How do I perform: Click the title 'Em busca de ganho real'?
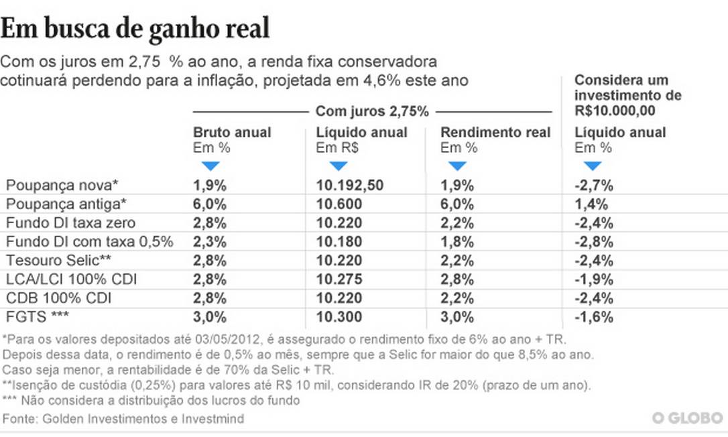point(136,28)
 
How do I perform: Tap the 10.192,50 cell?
point(350,186)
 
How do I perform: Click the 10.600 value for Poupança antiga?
point(339,204)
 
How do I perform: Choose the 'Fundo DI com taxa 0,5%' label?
point(90,242)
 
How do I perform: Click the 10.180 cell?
point(339,242)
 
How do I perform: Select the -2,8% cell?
point(594,242)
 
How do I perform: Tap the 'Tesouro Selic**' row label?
point(53,261)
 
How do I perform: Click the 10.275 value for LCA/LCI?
point(339,279)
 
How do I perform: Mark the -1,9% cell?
point(594,279)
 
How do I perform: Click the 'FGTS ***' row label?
point(38,317)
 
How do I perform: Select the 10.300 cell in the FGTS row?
point(339,317)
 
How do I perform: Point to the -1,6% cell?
point(594,317)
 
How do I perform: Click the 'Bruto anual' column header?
point(232,133)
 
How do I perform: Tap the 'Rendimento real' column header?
point(495,133)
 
